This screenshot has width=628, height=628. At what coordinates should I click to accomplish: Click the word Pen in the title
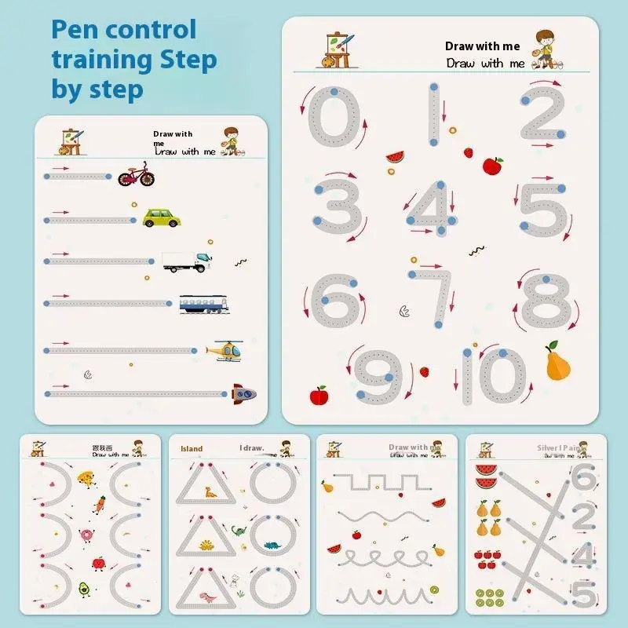75,30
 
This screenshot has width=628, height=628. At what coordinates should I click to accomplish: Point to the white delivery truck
186,261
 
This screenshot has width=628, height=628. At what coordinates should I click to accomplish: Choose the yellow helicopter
225,350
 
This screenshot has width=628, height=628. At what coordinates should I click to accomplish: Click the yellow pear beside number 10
557,363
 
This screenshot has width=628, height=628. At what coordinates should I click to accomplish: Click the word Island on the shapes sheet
192,450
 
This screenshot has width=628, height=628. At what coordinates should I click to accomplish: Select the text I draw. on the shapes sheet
251,449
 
